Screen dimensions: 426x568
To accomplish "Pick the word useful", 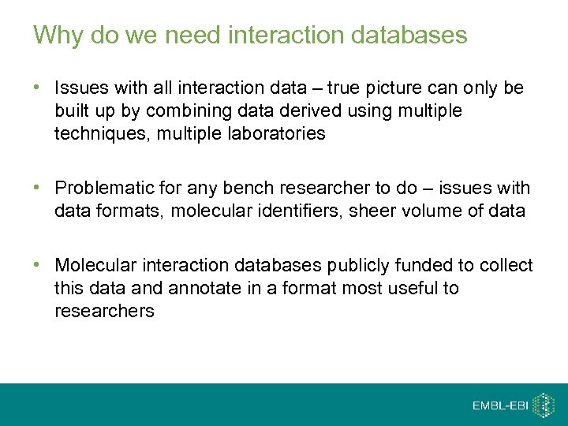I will point(412,288).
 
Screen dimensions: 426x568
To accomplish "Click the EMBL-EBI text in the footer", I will point(500,405).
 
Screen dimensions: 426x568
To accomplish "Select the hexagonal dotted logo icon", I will point(544,405).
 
